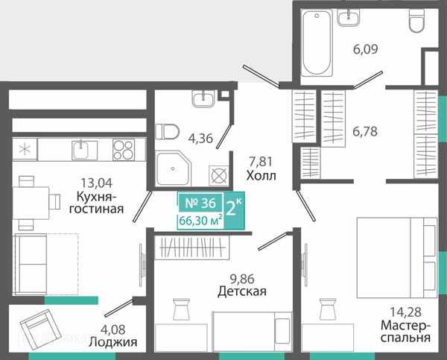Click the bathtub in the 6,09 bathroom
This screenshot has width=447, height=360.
[x=317, y=42]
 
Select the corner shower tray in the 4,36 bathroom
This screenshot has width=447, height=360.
[x=174, y=168]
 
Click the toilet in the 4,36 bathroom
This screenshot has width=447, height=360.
[x=167, y=131]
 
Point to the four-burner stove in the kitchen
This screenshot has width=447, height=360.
[x=124, y=150]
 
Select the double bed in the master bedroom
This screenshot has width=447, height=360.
[x=397, y=258]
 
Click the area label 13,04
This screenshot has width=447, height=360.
[x=97, y=183]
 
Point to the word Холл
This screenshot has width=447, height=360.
[x=261, y=176]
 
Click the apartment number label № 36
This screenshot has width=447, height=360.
[x=200, y=203]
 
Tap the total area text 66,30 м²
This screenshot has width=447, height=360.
[x=200, y=221]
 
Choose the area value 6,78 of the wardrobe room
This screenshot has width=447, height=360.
[x=365, y=131]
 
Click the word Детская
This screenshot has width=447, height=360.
[x=242, y=291]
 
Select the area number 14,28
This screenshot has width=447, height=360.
[x=405, y=312]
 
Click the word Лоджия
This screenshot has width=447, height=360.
[x=113, y=342]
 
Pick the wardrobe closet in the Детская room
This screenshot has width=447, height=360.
[x=192, y=247]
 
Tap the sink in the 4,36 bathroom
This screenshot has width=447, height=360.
[x=203, y=99]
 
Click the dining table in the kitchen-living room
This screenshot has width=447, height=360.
[x=31, y=203]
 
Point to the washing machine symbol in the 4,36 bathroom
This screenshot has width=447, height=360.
[x=218, y=175]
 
